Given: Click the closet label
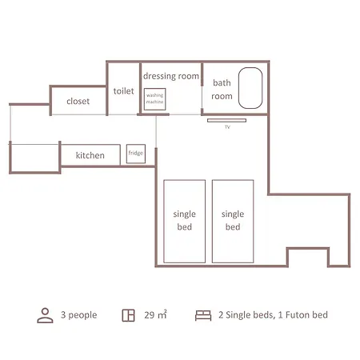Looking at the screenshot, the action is click(78, 102).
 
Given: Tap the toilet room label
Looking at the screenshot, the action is click(123, 91).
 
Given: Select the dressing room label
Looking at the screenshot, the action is click(171, 76).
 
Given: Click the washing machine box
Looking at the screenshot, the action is click(155, 99).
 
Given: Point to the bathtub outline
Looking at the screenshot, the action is click(238, 88).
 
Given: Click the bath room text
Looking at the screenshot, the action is click(222, 90).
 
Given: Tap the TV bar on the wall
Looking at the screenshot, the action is click(226, 121).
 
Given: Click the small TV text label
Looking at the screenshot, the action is click(227, 127).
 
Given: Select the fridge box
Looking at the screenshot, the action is click(136, 154).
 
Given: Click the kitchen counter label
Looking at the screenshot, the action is click(90, 155).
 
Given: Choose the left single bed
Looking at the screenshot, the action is click(185, 222).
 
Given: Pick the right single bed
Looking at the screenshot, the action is click(233, 222).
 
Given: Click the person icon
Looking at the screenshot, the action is click(45, 315).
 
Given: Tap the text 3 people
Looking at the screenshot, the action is click(79, 315).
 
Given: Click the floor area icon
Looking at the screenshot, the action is click(128, 315).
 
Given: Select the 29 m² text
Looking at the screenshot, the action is click(155, 314).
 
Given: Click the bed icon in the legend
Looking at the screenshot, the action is click(203, 315).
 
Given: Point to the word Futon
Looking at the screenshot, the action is click(298, 315).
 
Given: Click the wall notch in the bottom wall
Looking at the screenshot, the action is click(308, 249).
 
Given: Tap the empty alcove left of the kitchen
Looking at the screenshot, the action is click(34, 158).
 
